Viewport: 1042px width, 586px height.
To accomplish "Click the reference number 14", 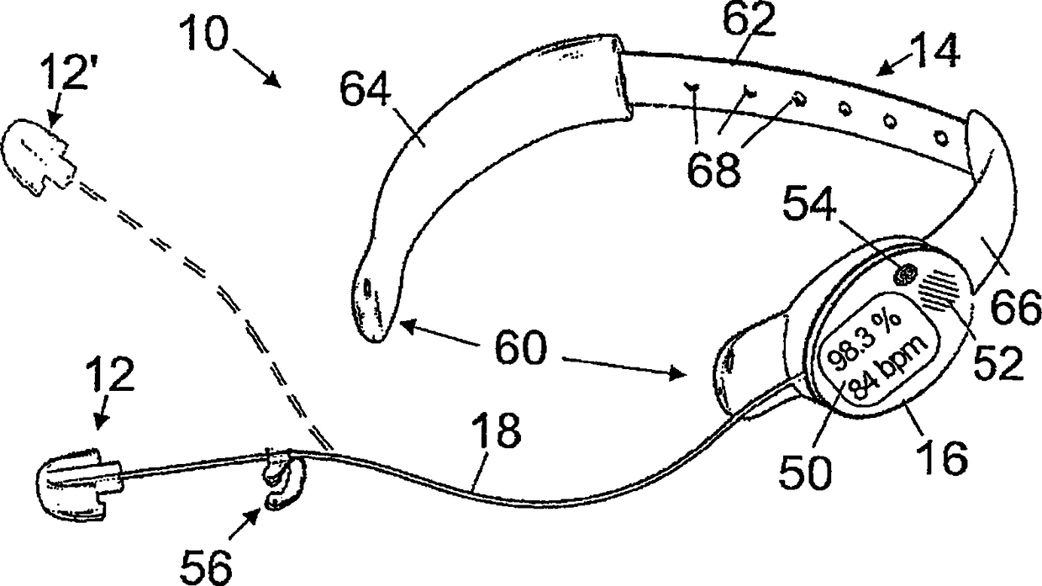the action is pyautogui.click(x=934, y=52).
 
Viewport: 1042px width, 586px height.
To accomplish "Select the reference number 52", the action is pyautogui.click(x=999, y=362).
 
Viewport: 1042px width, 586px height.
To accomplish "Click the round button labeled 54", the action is pyautogui.click(x=906, y=276).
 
